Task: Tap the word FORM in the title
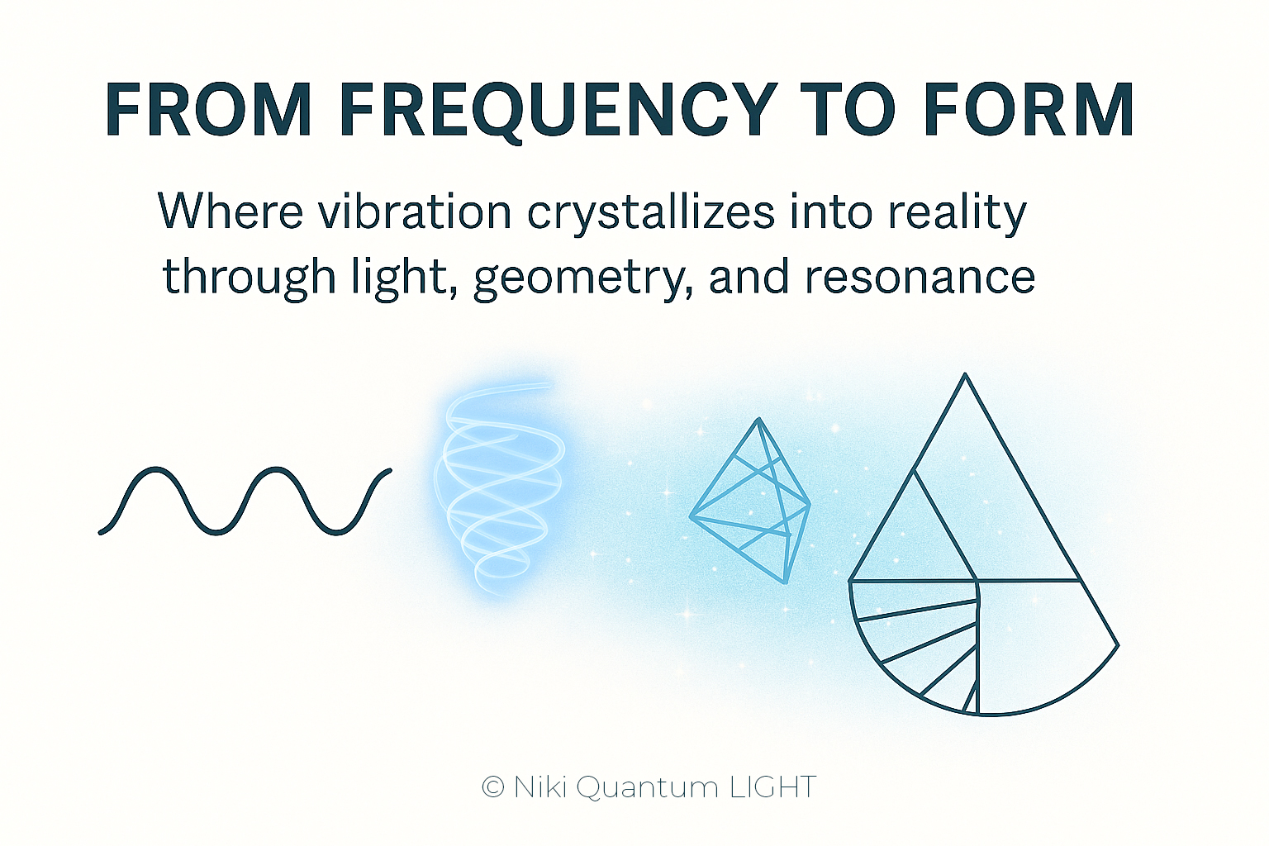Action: pos(1029,109)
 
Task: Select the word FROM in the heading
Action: pos(208,109)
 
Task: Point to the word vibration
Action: pos(414,211)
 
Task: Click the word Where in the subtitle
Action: pos(231,211)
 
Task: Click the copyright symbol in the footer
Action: pos(493,787)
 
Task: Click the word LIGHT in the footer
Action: pos(772,787)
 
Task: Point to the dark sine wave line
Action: pos(245,501)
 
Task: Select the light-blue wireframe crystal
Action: pos(749,501)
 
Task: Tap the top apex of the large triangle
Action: pos(965,374)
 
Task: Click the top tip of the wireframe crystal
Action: pos(758,419)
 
